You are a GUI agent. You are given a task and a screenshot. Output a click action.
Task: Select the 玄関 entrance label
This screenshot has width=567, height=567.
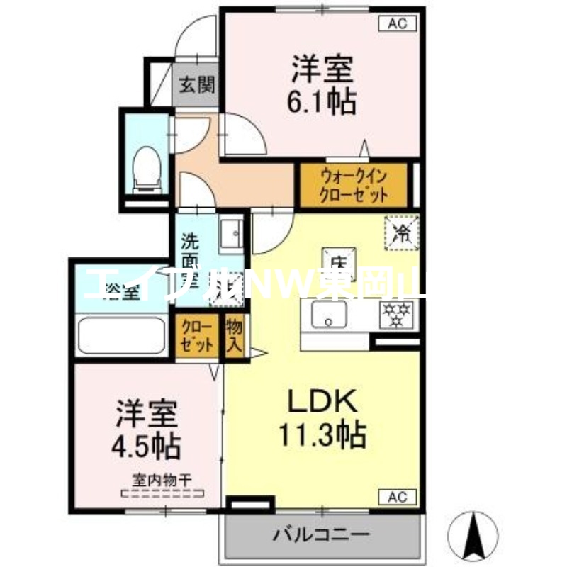(196, 86)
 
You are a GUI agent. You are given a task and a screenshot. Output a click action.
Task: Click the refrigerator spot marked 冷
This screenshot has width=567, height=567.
(401, 232)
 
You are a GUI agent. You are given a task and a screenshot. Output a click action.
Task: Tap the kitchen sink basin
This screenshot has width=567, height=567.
(330, 314)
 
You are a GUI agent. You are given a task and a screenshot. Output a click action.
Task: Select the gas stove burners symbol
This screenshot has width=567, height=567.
(397, 315)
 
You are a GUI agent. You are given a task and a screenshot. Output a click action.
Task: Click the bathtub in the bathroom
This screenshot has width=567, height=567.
(122, 335)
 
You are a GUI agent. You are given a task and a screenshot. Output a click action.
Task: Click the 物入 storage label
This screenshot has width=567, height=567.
(235, 338)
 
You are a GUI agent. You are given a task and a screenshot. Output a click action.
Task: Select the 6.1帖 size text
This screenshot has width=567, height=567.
(321, 103)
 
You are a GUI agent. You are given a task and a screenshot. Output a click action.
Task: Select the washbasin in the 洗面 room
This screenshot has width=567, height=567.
(231, 233)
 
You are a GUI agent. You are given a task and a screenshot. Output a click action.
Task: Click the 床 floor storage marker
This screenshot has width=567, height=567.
(336, 257)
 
